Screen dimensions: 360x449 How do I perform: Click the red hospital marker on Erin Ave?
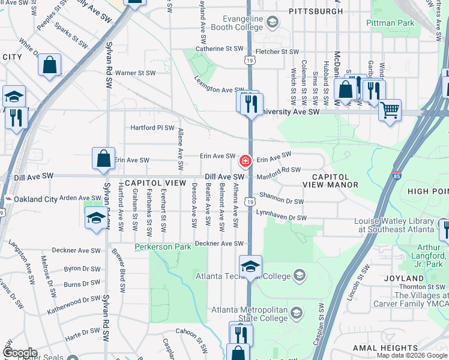(x=245, y=161)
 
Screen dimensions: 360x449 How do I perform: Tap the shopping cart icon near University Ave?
(x=390, y=110)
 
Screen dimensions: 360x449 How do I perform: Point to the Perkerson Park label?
(x=163, y=247)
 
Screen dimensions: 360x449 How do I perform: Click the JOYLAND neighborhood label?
(x=406, y=278)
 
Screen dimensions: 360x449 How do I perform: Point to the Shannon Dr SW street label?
(x=282, y=201)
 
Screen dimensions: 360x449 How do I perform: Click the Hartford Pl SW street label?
(x=152, y=128)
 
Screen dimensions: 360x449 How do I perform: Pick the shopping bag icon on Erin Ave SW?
(x=103, y=158)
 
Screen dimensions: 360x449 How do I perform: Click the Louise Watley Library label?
(x=394, y=225)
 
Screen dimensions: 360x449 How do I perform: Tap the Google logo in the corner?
(x=20, y=353)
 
